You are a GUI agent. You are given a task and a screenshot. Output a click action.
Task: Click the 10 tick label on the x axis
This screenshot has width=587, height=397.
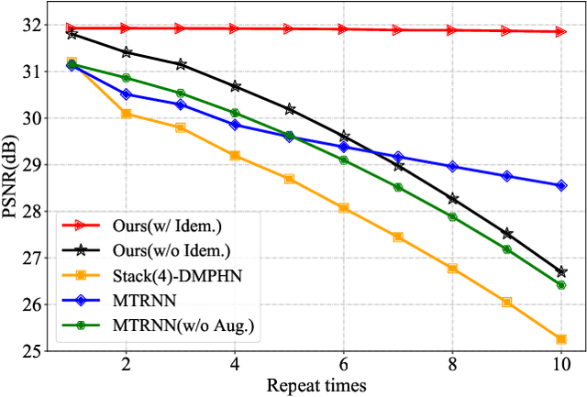point(560,364)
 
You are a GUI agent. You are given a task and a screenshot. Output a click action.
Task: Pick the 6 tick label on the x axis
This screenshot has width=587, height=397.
point(343,364)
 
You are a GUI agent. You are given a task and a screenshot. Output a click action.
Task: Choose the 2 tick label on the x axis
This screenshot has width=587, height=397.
point(126,364)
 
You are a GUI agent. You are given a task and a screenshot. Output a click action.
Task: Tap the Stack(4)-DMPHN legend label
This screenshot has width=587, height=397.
point(176,275)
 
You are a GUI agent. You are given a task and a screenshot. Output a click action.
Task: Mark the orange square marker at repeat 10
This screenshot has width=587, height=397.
point(560,339)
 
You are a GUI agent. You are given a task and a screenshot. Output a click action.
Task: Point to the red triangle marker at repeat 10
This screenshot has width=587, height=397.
point(560,31)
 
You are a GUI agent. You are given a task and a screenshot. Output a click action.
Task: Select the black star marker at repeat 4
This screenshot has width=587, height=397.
point(235,86)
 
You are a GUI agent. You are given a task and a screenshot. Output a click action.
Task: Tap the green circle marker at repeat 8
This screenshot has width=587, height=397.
point(452,216)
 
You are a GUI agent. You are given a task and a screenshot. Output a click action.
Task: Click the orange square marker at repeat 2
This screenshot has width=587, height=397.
point(126,114)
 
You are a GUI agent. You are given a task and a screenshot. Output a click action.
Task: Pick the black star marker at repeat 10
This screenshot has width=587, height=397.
point(560,271)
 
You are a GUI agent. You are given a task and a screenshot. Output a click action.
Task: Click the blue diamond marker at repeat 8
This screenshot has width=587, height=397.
point(452,167)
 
